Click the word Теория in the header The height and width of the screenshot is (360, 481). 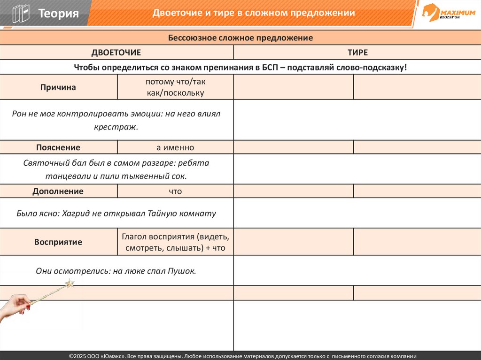click(58, 13)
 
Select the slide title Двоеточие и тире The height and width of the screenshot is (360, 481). click(254, 13)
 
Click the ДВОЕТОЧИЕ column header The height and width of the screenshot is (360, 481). click(116, 53)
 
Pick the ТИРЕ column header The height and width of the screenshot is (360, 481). click(357, 53)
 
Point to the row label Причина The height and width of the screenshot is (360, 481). click(58, 87)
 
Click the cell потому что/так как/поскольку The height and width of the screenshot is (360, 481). click(175, 87)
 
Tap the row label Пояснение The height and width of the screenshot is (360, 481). click(58, 147)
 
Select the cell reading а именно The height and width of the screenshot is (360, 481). click(175, 147)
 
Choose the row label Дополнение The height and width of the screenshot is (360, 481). click(58, 191)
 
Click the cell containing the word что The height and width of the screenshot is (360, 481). click(175, 191)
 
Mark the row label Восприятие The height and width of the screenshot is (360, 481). click(58, 242)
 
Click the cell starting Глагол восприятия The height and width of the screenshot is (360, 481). click(175, 242)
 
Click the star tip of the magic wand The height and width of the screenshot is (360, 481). click(70, 283)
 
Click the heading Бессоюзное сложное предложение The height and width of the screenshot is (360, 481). click(240, 38)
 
